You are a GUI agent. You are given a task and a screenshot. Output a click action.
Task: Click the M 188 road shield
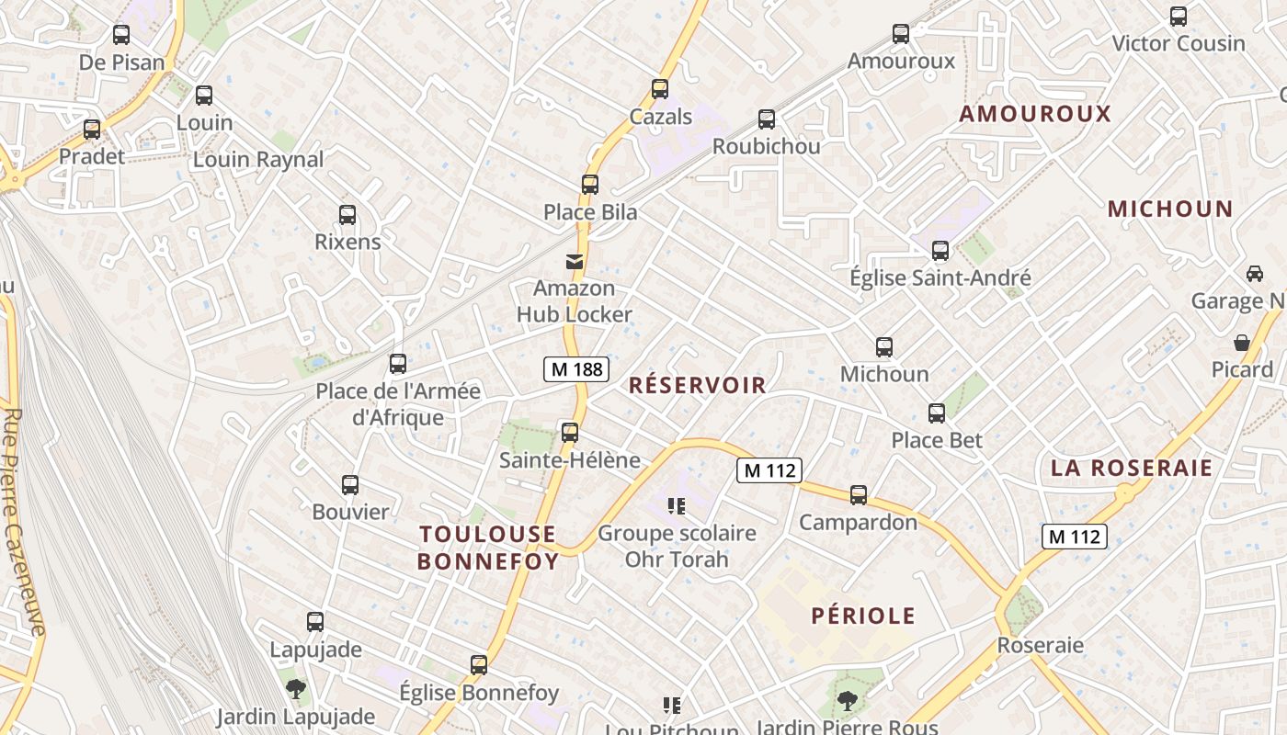[x=577, y=369]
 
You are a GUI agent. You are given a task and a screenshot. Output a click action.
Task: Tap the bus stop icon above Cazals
[x=660, y=89]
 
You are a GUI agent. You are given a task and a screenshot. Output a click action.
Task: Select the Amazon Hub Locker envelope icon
[x=575, y=262]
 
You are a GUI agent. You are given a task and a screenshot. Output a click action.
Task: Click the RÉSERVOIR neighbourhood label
[x=697, y=385]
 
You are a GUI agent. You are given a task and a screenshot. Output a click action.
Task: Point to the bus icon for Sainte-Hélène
[x=570, y=432]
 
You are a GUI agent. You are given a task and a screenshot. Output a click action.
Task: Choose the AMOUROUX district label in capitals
[x=1035, y=114]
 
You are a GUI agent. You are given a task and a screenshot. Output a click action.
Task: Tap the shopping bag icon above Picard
[x=1242, y=343]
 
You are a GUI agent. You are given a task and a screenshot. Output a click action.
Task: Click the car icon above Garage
[x=1254, y=274]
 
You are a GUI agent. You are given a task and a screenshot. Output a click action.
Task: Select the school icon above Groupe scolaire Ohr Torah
[x=677, y=505]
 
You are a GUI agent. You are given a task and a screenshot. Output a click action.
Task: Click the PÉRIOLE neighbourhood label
[x=863, y=616]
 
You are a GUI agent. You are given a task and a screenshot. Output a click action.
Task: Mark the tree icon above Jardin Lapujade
[x=295, y=688]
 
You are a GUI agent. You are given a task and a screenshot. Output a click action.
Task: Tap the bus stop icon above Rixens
[x=347, y=215]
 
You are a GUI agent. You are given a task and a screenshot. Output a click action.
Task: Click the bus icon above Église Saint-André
[x=940, y=250]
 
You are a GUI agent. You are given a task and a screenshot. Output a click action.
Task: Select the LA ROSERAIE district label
[x=1132, y=468]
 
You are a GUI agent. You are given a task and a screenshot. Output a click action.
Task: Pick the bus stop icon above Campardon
[x=859, y=495]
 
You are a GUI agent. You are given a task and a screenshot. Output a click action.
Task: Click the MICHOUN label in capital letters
[x=1169, y=209]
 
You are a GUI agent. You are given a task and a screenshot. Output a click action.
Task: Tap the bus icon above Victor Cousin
[x=1179, y=16]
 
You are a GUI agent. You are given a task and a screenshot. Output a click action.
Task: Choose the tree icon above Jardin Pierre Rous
[x=846, y=701]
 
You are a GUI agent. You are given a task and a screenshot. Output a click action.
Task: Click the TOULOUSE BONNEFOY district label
[x=488, y=548]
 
